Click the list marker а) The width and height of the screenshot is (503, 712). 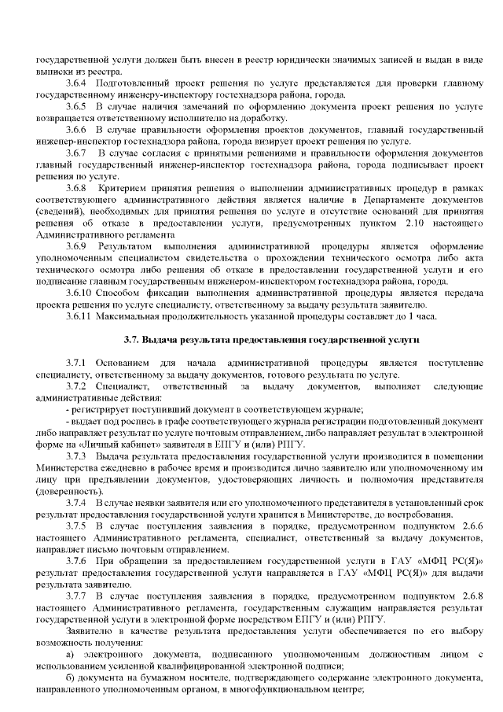[71, 655]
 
